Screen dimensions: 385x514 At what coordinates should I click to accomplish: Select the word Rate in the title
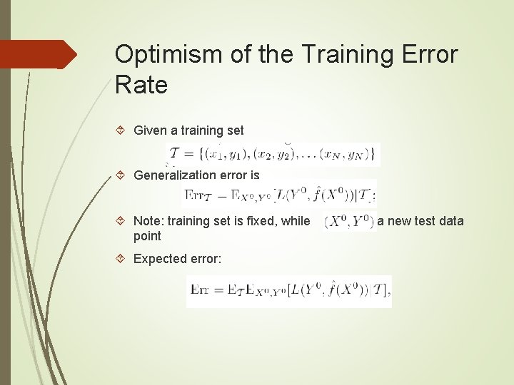click(x=141, y=86)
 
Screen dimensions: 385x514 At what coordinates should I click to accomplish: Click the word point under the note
click(x=147, y=236)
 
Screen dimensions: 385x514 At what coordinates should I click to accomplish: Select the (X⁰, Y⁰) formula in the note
click(x=349, y=221)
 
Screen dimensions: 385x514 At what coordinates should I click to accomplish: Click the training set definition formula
click(x=273, y=154)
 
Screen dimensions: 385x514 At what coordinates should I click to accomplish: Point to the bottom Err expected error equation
click(x=289, y=291)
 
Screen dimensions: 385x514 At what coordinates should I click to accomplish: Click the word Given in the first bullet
click(x=150, y=130)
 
